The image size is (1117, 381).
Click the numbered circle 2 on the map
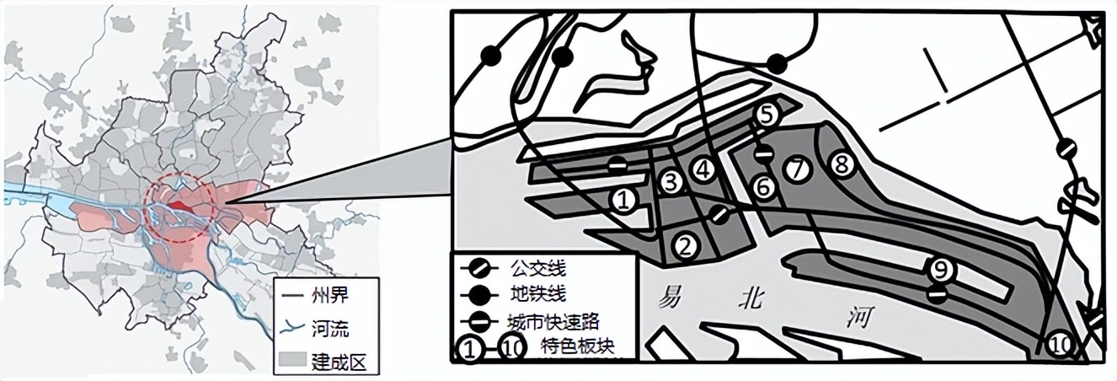[686, 245]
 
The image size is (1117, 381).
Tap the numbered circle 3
[671, 182]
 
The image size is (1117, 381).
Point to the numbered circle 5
[766, 115]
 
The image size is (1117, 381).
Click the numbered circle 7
[796, 169]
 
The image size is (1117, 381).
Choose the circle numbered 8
[840, 164]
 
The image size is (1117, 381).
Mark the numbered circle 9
[940, 270]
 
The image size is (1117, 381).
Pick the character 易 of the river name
[671, 297]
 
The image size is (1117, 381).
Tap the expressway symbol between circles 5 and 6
[763, 153]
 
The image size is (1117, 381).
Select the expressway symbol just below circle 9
[936, 294]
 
